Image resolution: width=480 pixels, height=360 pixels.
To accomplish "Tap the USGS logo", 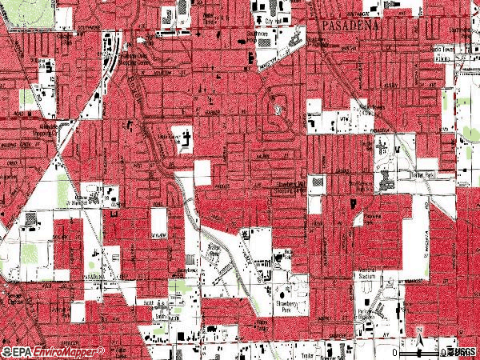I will pos(463,352).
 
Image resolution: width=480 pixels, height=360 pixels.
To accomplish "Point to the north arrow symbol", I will pos(418,335).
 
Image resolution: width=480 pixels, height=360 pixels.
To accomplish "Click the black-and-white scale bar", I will pos(424,350).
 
